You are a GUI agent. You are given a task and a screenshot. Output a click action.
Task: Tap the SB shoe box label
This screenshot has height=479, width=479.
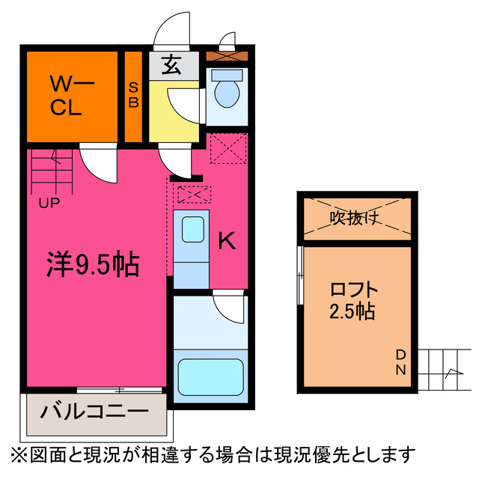click(x=133, y=95)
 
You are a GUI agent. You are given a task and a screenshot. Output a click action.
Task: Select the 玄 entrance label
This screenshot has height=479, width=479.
click(x=171, y=66)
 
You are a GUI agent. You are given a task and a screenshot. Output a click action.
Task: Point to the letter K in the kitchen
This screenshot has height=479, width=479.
click(x=228, y=241)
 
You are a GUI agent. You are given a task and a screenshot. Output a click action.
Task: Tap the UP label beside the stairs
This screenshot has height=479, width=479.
click(x=50, y=202)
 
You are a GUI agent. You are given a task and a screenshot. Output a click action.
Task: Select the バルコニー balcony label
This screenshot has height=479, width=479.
click(x=94, y=412)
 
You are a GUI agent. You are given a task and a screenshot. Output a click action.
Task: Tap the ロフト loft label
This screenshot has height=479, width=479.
click(x=354, y=289)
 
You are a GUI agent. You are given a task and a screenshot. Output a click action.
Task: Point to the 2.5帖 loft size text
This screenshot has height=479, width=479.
click(x=353, y=310)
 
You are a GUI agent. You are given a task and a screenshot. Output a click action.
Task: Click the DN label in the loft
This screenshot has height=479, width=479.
click(x=400, y=363)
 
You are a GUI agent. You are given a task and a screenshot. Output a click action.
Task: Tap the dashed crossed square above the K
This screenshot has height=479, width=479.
click(x=228, y=148)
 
